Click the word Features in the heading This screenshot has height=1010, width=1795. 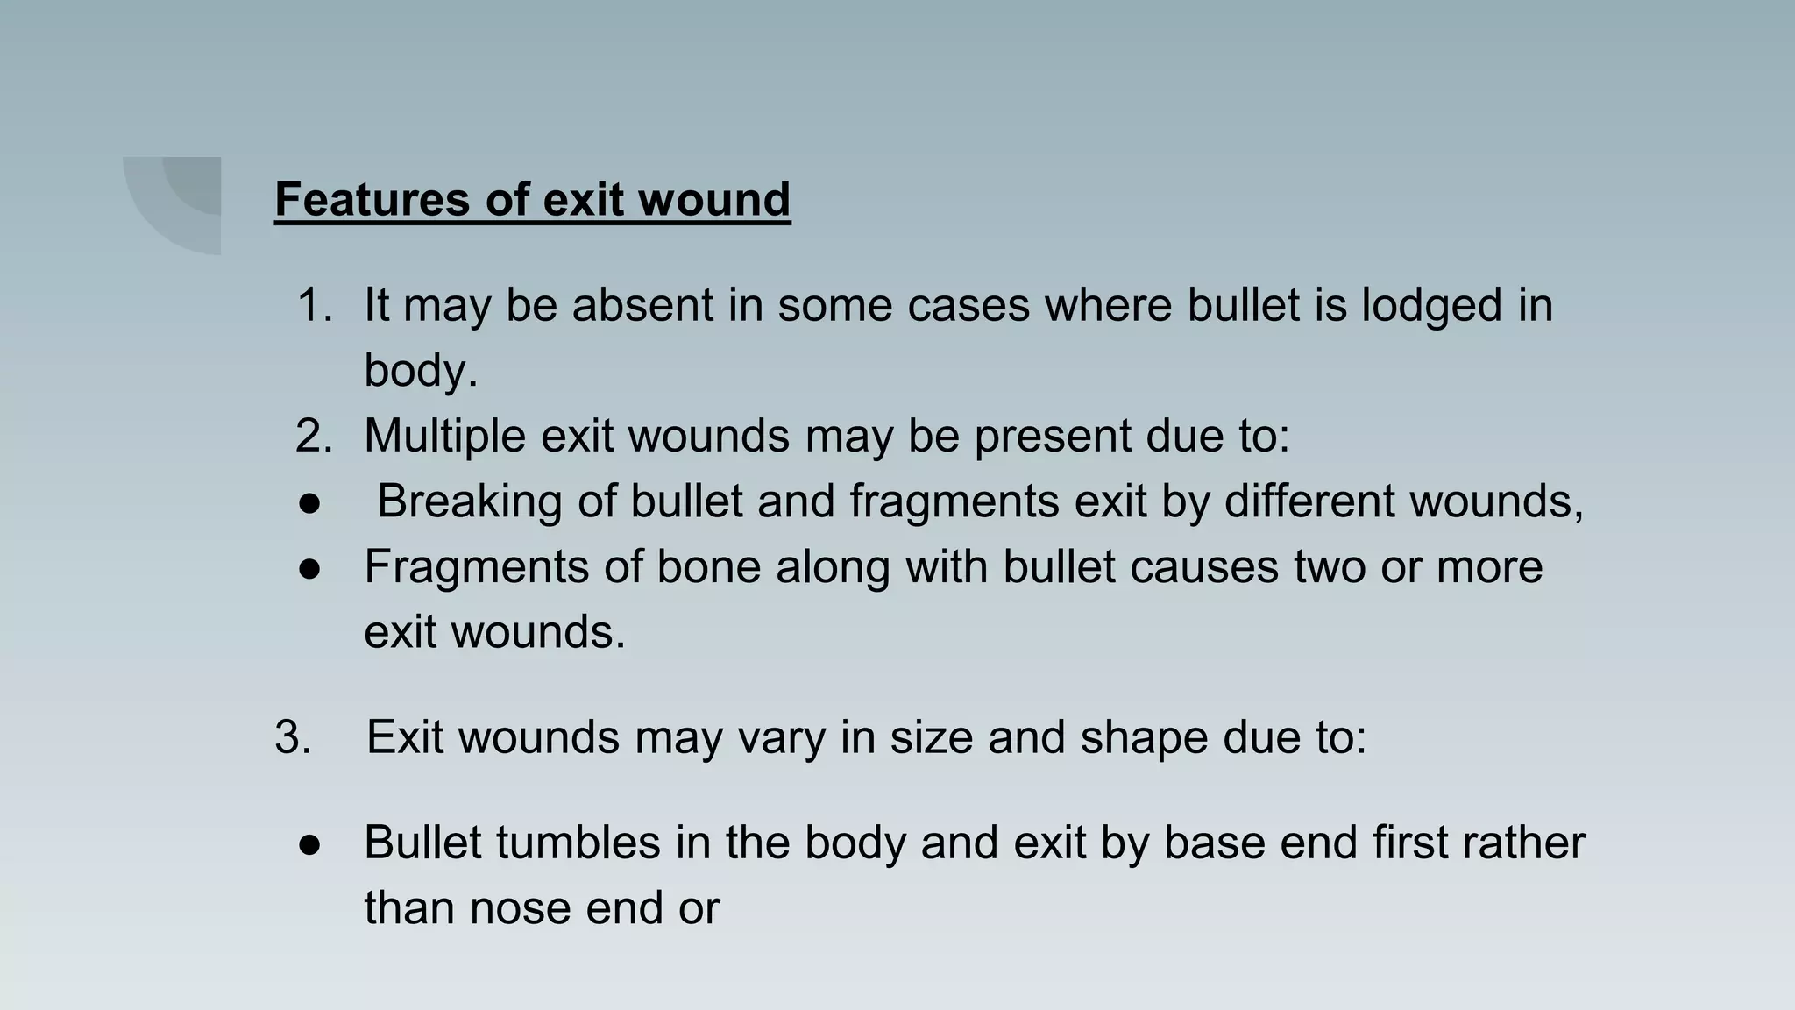click(372, 199)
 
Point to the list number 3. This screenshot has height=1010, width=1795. click(293, 736)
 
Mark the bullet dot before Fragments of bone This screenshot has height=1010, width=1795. click(309, 568)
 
